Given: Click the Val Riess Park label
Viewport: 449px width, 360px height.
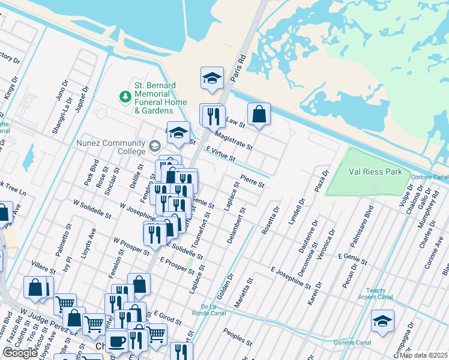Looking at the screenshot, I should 376,171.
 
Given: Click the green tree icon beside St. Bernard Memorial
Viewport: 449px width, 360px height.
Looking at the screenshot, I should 125,96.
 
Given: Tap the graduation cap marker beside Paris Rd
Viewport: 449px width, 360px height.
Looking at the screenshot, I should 211,78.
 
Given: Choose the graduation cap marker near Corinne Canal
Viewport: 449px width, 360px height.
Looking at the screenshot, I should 382,320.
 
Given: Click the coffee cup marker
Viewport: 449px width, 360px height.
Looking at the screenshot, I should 116,341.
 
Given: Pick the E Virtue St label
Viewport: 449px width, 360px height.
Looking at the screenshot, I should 219,154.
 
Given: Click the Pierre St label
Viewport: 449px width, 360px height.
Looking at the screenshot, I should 252,181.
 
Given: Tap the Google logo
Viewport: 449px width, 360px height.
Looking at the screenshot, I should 20,352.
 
